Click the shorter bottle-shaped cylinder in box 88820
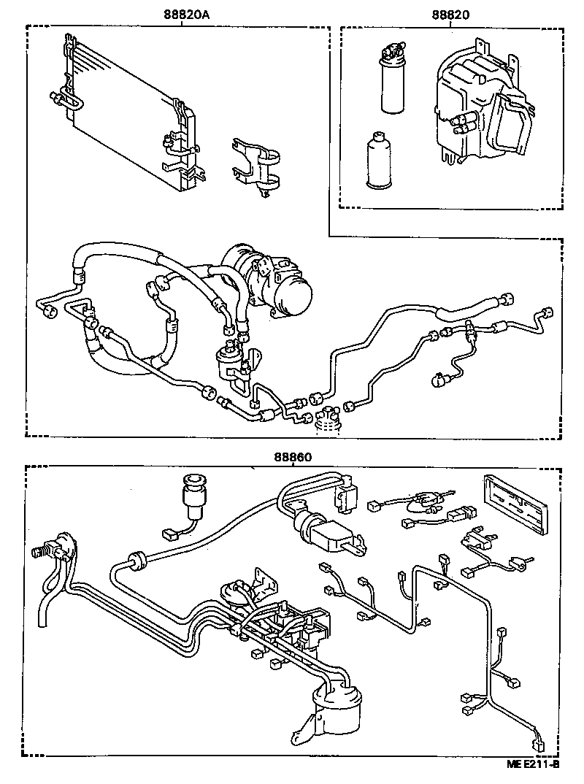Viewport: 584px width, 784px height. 378,161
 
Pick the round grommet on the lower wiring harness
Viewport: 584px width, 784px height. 134,562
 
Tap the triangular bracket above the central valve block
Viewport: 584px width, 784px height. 263,580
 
